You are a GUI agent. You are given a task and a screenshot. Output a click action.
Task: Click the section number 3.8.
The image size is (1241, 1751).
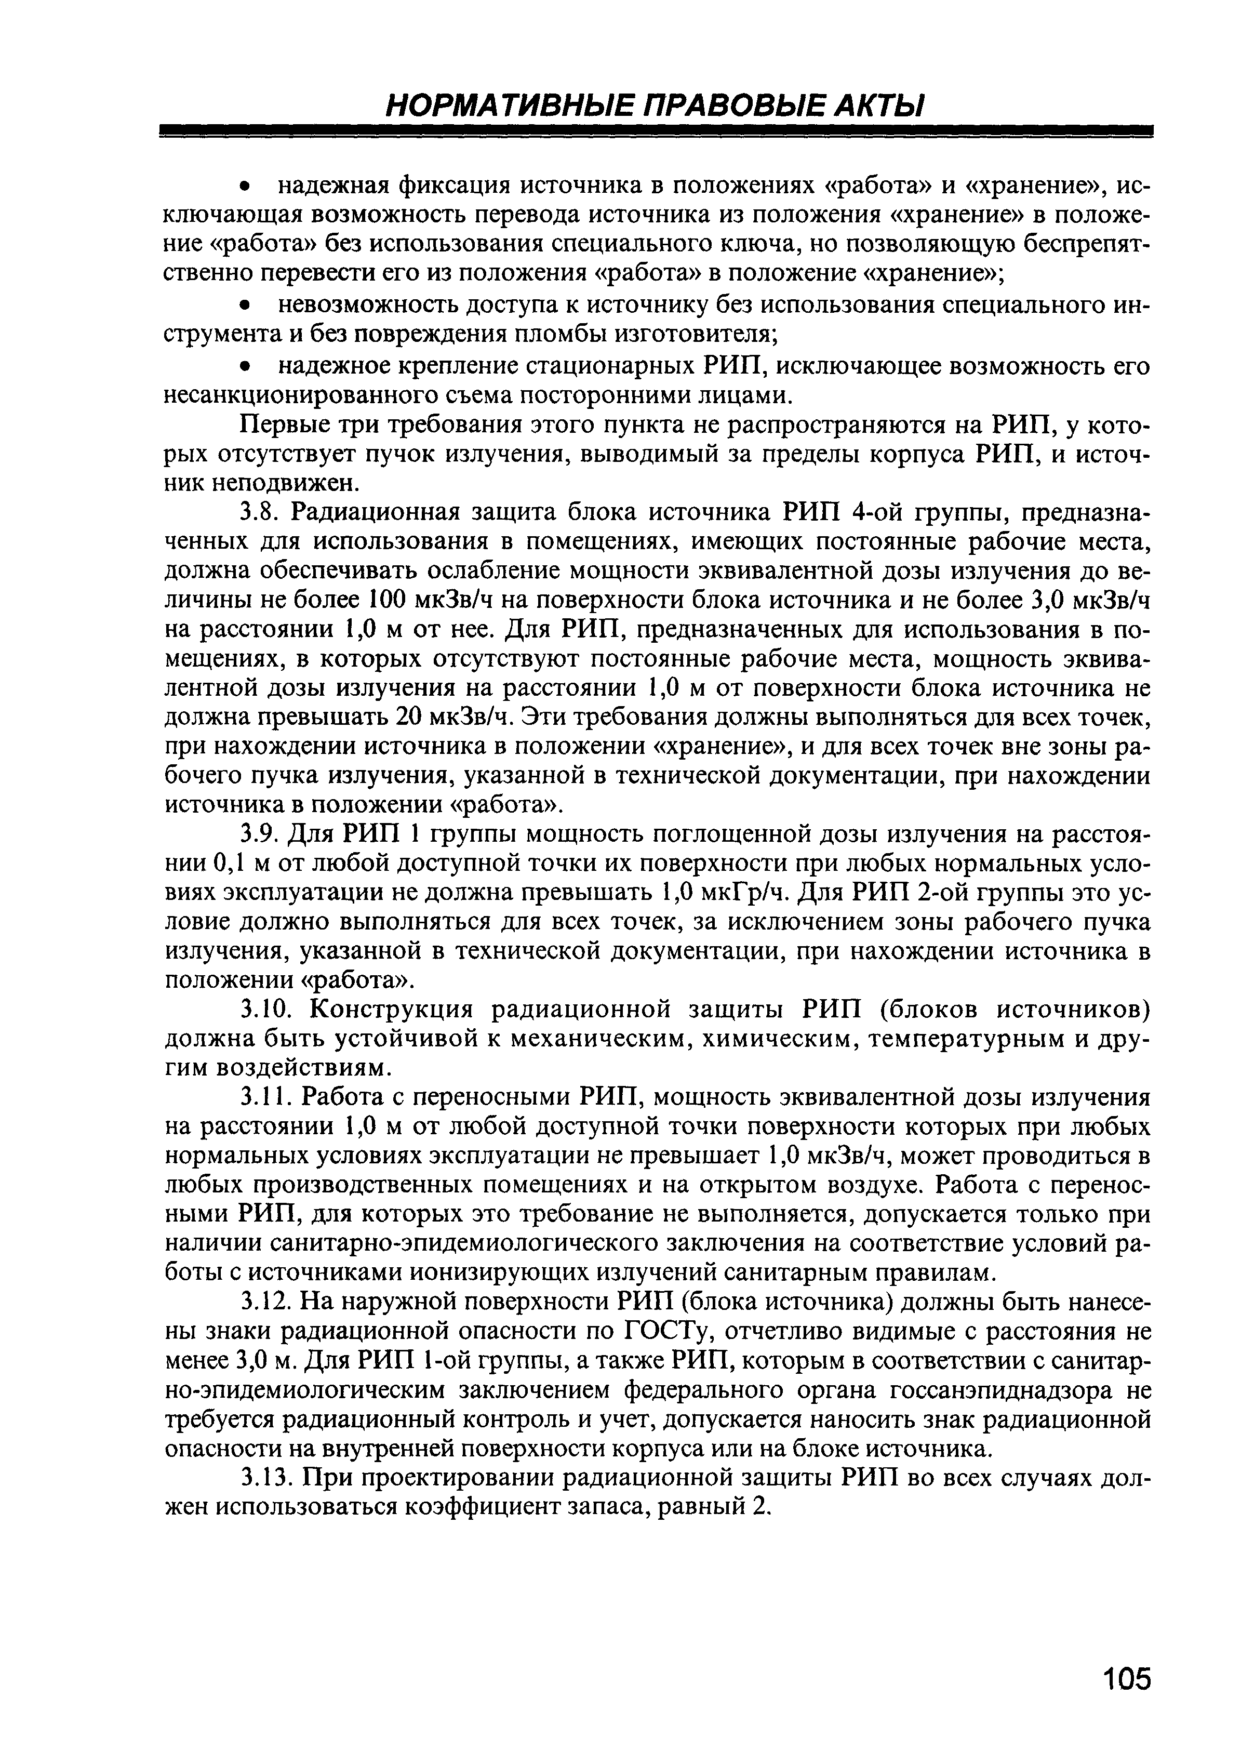[x=258, y=511]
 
